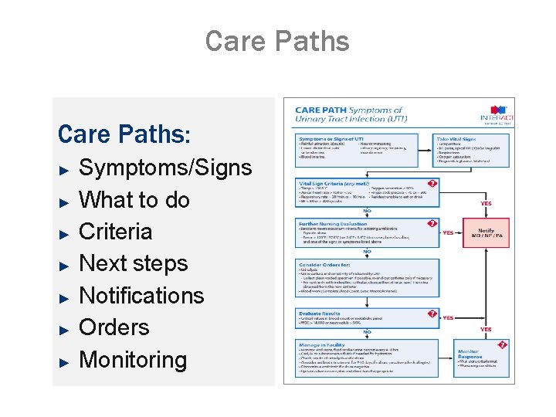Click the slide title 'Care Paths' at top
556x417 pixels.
277,41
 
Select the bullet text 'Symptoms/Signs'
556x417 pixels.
165,168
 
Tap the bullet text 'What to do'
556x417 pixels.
134,199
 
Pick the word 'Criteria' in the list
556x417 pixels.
116,232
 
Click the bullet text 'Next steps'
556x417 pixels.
134,263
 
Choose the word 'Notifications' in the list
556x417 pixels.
141,295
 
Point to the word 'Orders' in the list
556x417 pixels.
114,327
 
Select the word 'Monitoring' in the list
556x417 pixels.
133,360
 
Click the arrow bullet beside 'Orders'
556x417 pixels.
66,328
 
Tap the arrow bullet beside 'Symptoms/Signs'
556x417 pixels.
66,168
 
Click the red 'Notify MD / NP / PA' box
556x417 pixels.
486,233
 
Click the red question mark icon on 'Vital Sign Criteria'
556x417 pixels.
432,183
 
